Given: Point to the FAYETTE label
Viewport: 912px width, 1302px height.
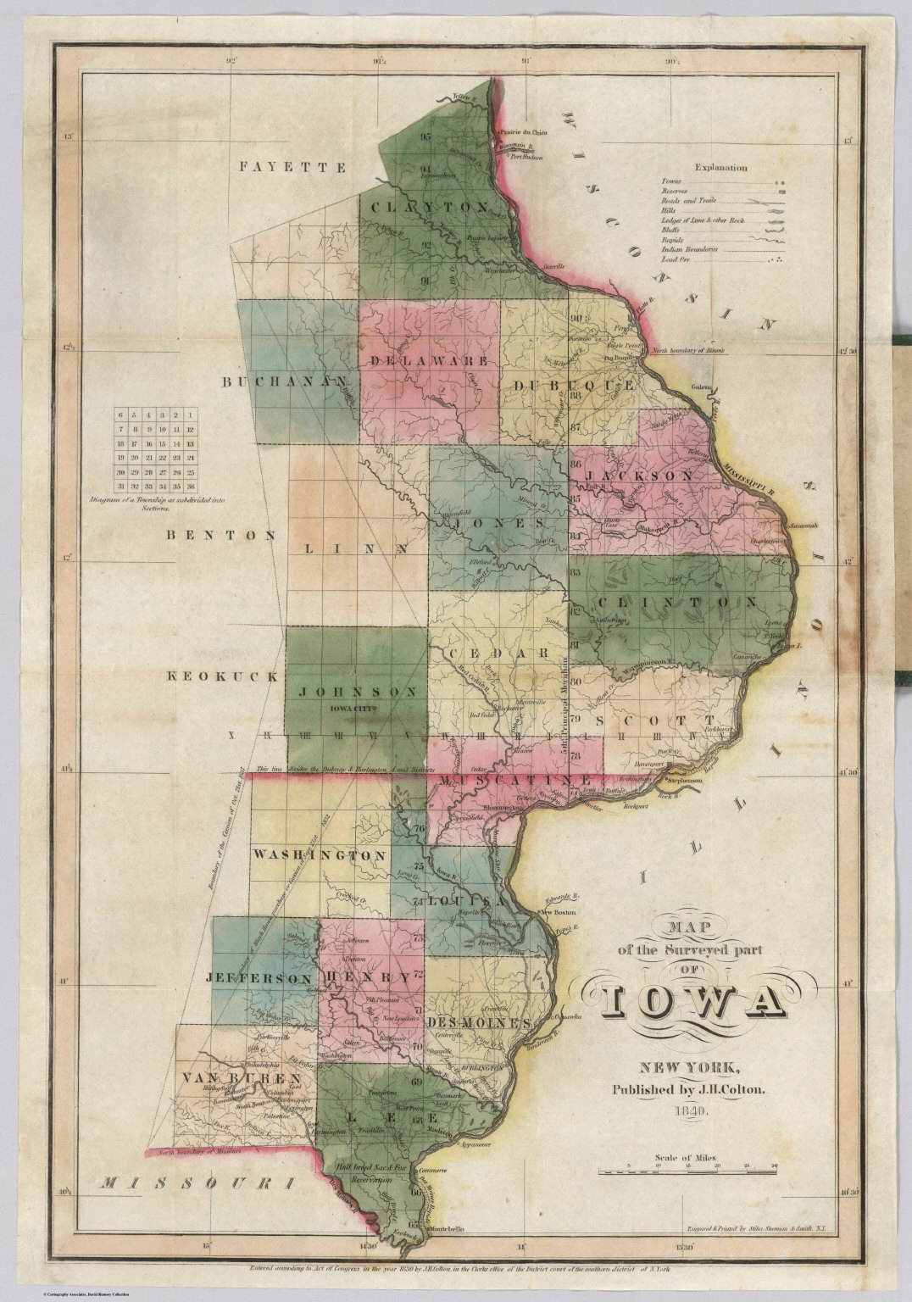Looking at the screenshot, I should pos(292,167).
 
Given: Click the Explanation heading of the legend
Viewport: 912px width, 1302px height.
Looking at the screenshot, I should pos(720,168).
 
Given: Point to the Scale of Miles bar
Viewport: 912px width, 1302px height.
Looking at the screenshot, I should pos(688,1171).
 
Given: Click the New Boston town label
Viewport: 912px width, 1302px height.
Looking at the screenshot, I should pos(559,913).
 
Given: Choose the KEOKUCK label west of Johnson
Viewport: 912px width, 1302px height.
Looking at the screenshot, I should pos(222,676).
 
